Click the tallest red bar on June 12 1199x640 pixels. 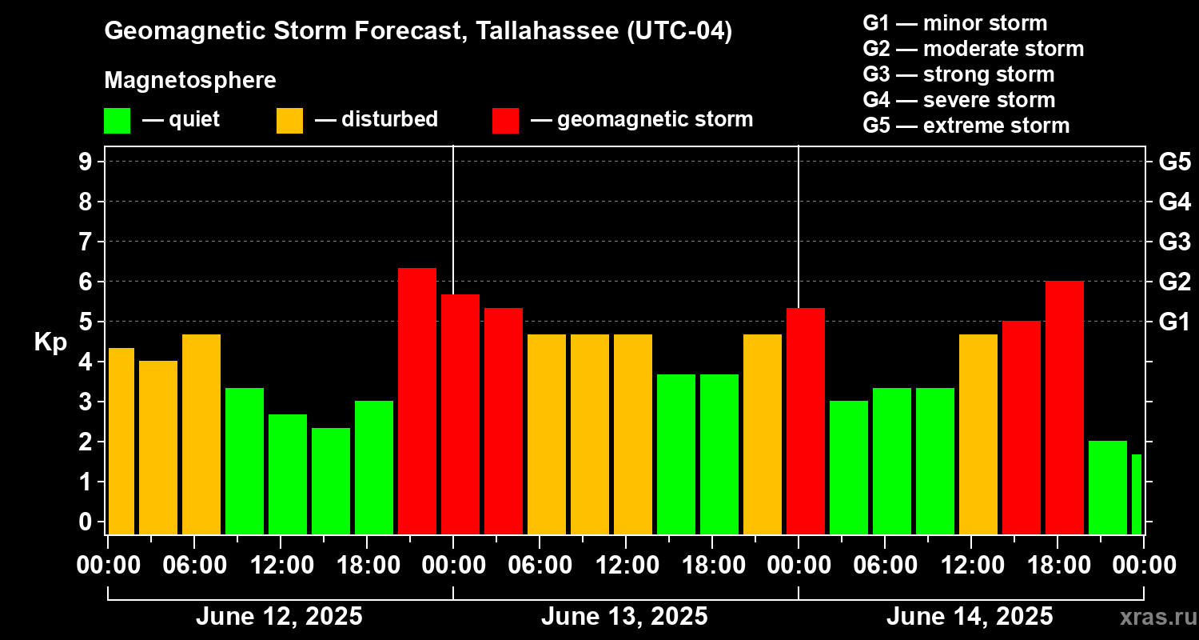[x=417, y=400]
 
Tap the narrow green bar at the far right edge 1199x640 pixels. [x=1137, y=494]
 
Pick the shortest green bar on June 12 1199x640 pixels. [x=331, y=480]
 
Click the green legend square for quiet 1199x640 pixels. [x=117, y=120]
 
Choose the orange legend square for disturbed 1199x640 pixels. [x=289, y=120]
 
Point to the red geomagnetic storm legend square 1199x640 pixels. [x=505, y=120]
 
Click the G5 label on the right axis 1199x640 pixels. [x=1174, y=162]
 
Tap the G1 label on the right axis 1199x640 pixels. [x=1174, y=322]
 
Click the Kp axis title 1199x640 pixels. [x=50, y=342]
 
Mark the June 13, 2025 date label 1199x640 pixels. [x=624, y=617]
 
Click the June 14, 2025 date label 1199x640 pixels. [x=970, y=617]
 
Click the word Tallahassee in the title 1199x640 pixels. [x=537, y=32]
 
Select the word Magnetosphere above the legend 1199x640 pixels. [x=190, y=81]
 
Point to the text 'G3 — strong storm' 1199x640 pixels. [x=958, y=74]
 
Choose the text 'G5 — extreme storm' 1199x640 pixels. [x=966, y=126]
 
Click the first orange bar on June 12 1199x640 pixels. [x=121, y=440]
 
